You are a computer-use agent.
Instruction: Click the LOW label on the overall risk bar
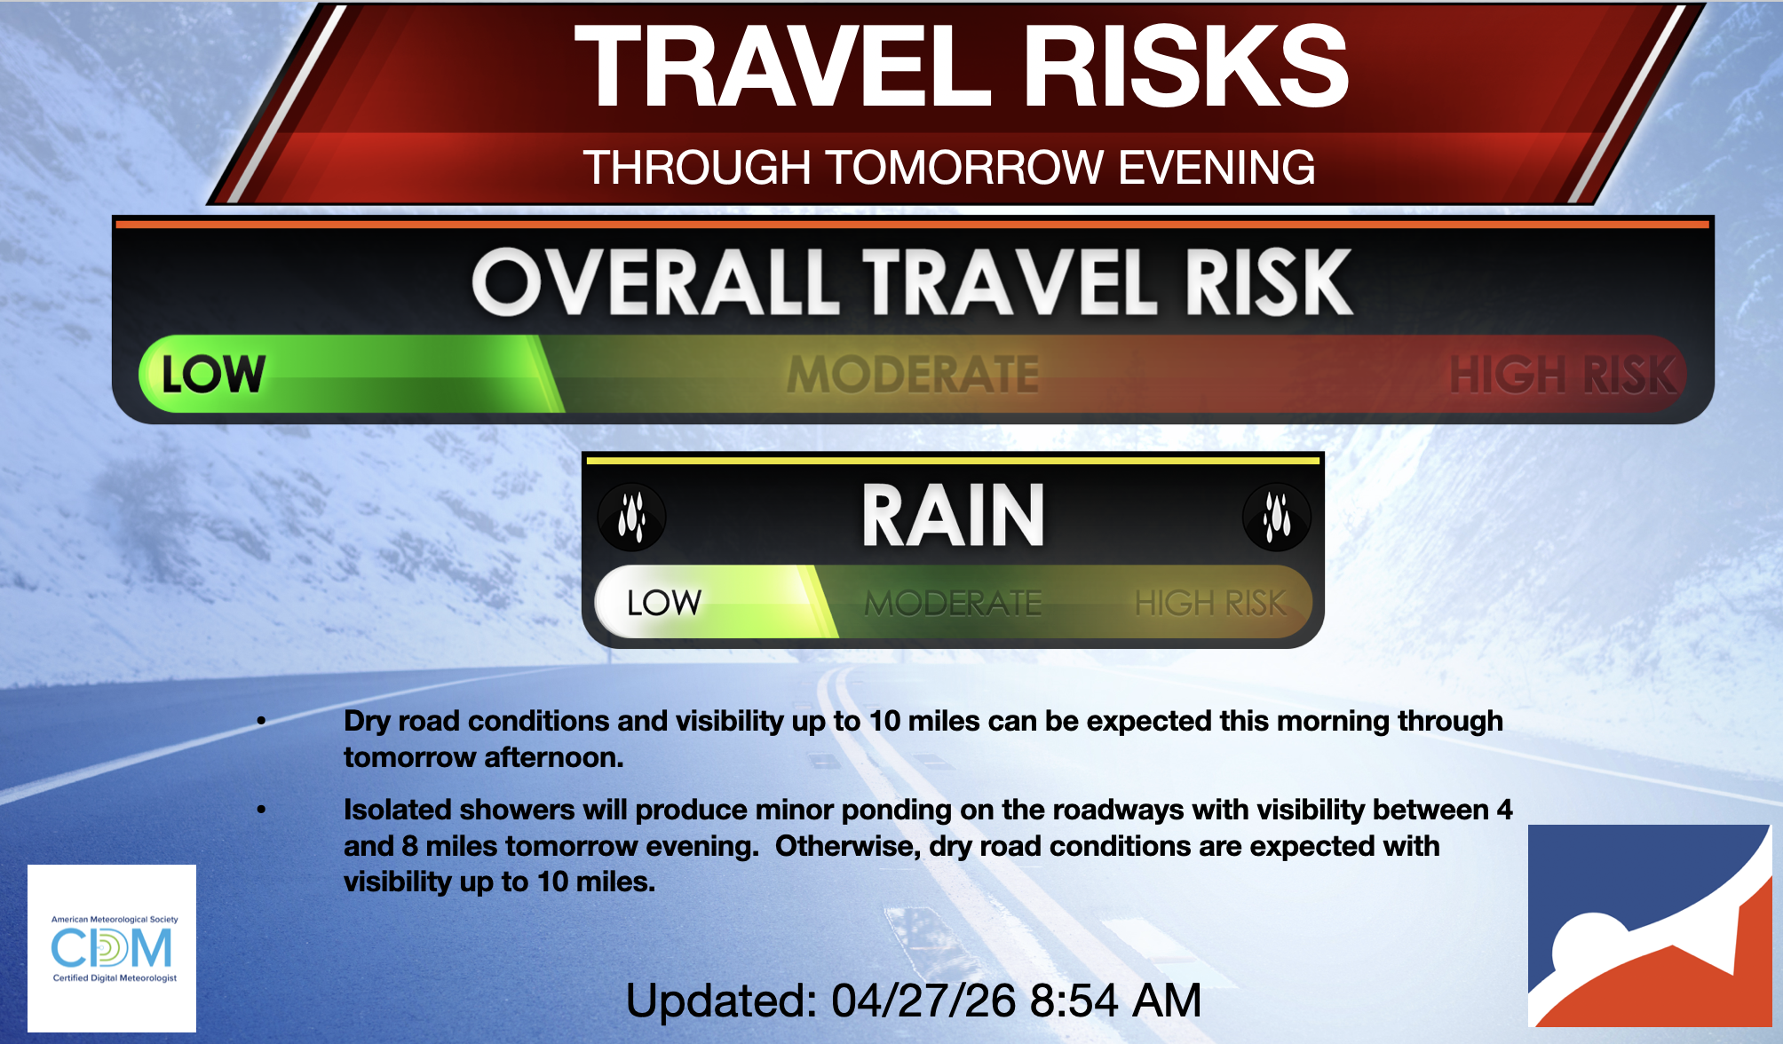coord(213,374)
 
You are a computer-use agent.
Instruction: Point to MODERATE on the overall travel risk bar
coord(913,374)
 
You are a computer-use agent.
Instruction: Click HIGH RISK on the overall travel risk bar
coord(1563,374)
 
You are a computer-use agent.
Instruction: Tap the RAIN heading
coord(954,516)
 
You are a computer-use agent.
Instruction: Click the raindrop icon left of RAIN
coord(631,516)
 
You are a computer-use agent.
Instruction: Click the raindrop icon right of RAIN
coord(1276,516)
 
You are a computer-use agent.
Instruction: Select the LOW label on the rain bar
coord(664,603)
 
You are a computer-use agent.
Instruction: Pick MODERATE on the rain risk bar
coord(953,604)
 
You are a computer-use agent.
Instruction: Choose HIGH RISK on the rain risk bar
coord(1210,604)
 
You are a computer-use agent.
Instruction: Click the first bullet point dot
coord(261,721)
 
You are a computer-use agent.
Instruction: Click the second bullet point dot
coord(261,810)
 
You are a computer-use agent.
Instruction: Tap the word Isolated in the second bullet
coord(397,810)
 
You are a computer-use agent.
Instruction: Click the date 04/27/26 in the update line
coord(923,1000)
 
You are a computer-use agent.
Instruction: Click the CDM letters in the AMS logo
coord(112,948)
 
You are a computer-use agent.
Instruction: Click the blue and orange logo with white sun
coord(1650,926)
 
